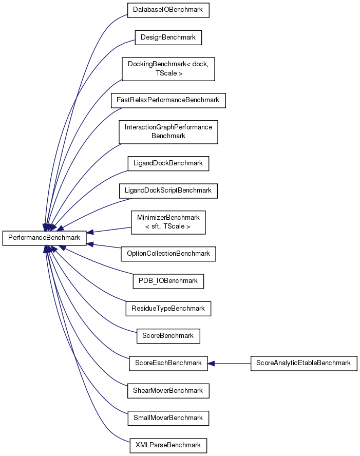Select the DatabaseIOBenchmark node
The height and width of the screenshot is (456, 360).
tap(168, 10)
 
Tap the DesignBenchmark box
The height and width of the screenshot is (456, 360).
tap(168, 37)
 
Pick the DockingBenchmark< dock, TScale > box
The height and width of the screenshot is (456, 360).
tap(168, 69)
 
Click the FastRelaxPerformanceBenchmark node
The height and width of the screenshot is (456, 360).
tap(168, 100)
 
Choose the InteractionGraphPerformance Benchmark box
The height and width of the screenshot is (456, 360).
tap(168, 132)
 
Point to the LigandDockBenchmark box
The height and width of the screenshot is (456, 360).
tap(168, 163)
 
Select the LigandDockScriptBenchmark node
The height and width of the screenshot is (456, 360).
tap(168, 191)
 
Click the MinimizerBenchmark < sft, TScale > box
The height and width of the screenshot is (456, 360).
tap(168, 222)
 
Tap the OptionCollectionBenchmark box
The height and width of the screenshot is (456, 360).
tap(168, 254)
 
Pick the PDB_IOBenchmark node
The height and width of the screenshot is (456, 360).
tap(168, 281)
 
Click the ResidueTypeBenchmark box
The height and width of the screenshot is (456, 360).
tap(168, 309)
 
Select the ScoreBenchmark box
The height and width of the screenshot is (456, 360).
tap(168, 336)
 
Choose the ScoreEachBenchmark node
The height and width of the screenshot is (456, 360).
tap(168, 363)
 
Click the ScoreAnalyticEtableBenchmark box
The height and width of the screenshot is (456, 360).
tap(304, 363)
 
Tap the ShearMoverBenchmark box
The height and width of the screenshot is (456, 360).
tap(168, 390)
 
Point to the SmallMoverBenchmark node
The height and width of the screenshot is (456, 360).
tap(168, 417)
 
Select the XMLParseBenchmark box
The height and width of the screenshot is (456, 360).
tap(168, 445)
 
